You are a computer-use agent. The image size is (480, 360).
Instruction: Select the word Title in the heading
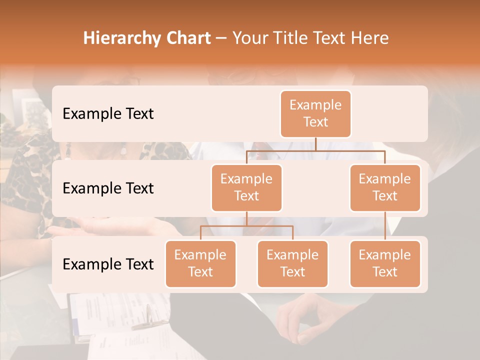coord(289,38)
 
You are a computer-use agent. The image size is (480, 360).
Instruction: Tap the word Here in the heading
coord(370,38)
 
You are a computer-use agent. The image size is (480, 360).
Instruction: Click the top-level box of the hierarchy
coord(315,114)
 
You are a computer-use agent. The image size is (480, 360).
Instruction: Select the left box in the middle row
coord(246,188)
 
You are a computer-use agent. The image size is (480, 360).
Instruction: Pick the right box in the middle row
coord(385,188)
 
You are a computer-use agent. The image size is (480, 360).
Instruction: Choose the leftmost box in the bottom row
coord(200,264)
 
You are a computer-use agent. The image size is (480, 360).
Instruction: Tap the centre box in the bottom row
coord(292,264)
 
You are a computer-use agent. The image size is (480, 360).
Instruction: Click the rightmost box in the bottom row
coord(385,264)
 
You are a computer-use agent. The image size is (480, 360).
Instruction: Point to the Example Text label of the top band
coord(108,114)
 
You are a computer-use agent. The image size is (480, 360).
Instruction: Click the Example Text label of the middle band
coord(108,188)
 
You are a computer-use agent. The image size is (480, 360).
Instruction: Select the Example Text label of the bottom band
coord(108,264)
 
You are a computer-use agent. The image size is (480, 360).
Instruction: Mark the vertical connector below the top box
coord(315,144)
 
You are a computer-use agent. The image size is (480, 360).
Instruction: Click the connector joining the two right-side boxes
coord(385,226)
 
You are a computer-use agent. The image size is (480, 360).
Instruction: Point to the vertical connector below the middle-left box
coord(246,218)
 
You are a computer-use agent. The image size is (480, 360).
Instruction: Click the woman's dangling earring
coord(123,150)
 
